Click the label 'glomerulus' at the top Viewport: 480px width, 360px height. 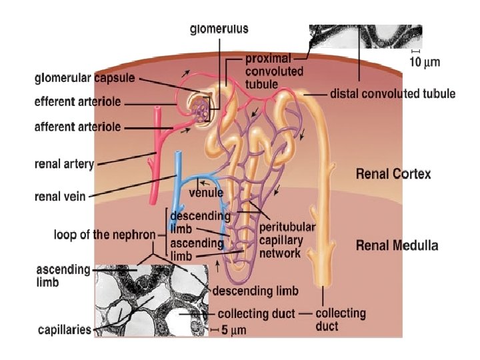pos(219,29)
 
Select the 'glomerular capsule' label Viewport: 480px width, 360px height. pos(85,78)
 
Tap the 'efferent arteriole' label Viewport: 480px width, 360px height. pos(77,103)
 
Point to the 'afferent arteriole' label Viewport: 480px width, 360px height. pos(77,127)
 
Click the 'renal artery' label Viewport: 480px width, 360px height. pos(64,163)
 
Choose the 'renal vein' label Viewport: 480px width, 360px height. pos(60,196)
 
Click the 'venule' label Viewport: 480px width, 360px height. pos(206,193)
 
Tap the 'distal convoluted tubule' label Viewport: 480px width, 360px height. pos(393,94)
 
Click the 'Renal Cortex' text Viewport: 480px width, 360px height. pos(393,174)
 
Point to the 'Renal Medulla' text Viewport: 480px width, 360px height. pos(397,245)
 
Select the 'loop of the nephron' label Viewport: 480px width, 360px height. pos(105,235)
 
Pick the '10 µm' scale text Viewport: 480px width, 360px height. pos(424,62)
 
